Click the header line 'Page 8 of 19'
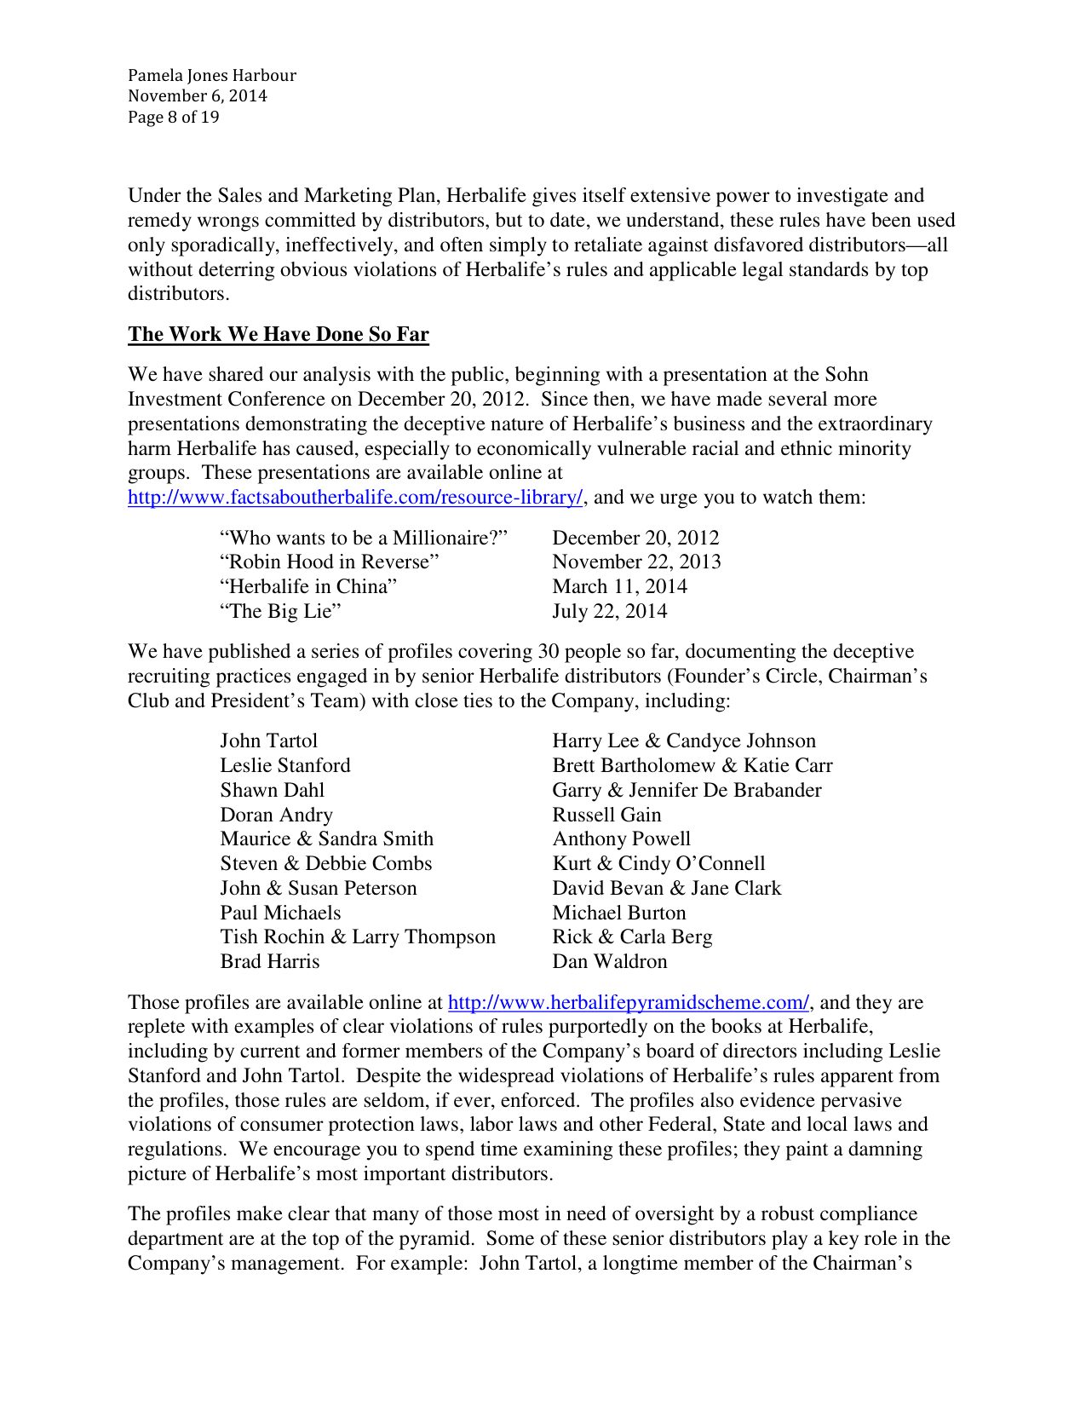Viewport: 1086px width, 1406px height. coord(173,118)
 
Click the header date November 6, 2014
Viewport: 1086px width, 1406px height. coord(197,96)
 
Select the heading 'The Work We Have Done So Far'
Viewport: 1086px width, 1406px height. coord(278,334)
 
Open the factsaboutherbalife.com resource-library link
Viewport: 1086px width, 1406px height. coord(355,498)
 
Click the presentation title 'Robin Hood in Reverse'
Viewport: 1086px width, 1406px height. coord(329,562)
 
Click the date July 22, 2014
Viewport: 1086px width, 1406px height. coord(609,611)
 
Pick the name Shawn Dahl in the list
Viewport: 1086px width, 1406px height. coord(272,790)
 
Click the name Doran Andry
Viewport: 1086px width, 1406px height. coord(276,815)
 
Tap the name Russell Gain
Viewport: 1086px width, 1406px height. coord(606,815)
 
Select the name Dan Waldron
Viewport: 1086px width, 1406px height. coord(609,962)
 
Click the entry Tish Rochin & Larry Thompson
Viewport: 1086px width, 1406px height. coord(357,937)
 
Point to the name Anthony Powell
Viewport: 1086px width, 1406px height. coord(621,839)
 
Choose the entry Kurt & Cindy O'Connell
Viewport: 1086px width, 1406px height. coord(658,864)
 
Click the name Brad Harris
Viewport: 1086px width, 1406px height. coord(269,962)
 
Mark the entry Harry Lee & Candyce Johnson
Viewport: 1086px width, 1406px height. coord(683,741)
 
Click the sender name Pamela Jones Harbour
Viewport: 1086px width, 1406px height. coord(211,76)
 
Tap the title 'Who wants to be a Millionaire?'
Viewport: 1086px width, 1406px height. coord(364,538)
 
